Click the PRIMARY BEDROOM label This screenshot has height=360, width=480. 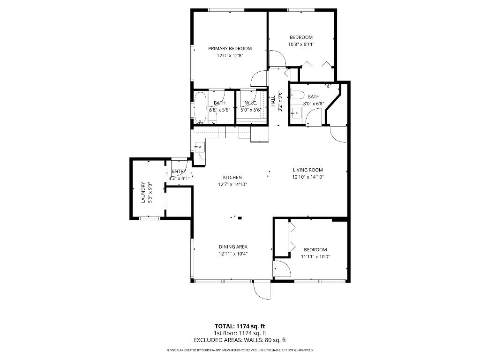click(230, 48)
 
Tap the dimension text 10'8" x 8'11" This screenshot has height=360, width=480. click(300, 45)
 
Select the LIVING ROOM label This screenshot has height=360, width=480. click(308, 170)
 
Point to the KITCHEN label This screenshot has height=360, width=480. click(232, 178)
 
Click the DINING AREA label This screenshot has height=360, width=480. click(233, 247)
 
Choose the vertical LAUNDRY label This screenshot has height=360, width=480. click(143, 193)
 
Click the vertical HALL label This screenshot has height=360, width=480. click(273, 101)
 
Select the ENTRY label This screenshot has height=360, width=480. click(179, 172)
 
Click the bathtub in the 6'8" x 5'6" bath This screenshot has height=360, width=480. click(200, 107)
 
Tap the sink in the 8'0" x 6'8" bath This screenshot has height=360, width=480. click(296, 112)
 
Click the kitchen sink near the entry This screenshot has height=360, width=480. click(199, 147)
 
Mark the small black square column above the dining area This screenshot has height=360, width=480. click(240, 217)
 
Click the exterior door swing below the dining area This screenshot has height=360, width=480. click(262, 290)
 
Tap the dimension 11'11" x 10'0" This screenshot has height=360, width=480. click(314, 256)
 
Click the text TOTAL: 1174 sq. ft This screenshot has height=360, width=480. click(240, 326)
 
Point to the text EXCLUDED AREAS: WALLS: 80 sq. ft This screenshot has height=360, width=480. click(240, 340)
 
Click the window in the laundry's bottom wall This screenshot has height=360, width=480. click(149, 218)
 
